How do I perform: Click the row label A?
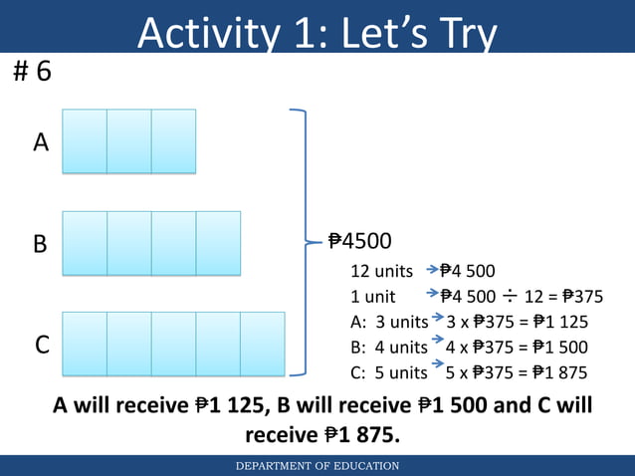[x=41, y=143]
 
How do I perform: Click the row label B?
[x=41, y=244]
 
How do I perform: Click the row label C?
[x=43, y=346]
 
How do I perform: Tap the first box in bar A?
[x=85, y=141]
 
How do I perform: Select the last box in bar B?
[x=218, y=243]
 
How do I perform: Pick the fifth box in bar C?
[x=263, y=345]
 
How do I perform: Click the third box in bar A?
[x=173, y=141]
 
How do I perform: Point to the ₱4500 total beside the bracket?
[x=359, y=242]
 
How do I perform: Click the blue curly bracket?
[x=302, y=242]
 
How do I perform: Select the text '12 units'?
[x=382, y=271]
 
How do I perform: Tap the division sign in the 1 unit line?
[x=510, y=296]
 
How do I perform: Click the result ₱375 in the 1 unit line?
[x=581, y=296]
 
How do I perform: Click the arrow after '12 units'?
[x=432, y=270]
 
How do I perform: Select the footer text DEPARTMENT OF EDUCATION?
[x=317, y=466]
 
